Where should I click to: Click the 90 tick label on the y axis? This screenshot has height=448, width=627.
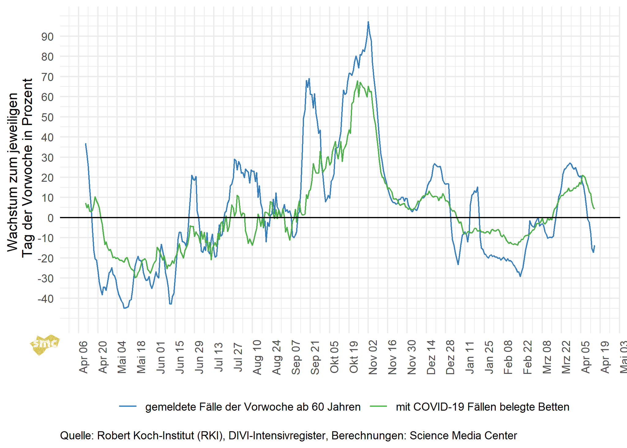[47, 37]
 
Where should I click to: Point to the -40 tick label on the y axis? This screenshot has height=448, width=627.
[46, 299]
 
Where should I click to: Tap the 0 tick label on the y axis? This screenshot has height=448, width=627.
[51, 218]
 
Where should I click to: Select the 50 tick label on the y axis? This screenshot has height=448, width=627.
[47, 117]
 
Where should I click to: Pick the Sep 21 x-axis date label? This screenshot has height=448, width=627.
[315, 358]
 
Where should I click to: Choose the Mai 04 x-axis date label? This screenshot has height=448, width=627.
[122, 358]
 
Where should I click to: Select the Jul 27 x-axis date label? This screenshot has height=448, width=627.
[238, 358]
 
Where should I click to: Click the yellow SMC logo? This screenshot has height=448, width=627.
[44, 344]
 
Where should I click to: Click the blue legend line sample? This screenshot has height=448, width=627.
[128, 407]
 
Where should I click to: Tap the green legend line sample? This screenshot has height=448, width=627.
[378, 407]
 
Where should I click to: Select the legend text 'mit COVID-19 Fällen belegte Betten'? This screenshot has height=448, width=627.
[482, 407]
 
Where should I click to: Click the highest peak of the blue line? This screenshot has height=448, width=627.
[368, 22]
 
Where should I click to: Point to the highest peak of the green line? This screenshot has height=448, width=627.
[357, 81]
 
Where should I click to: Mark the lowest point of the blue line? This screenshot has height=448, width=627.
[124, 308]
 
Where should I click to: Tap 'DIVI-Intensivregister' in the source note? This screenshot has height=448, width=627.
[277, 435]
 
